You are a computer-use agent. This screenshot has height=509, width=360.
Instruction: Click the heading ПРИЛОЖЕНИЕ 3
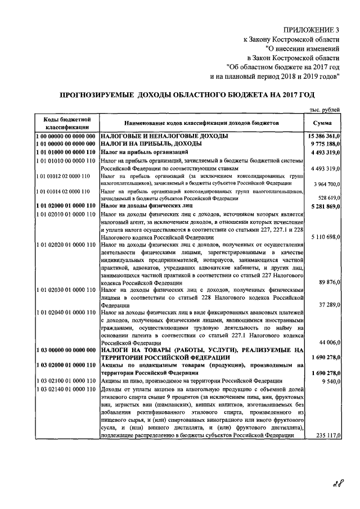(312, 29)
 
